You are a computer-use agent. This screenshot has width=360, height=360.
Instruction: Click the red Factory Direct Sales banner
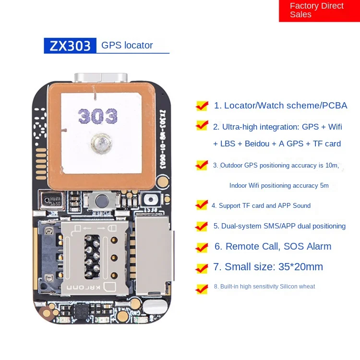[319, 11]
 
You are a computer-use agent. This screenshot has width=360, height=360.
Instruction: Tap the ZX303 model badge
[70, 46]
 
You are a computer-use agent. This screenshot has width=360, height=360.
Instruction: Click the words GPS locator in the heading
[127, 46]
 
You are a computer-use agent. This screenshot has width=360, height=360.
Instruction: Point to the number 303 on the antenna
[98, 116]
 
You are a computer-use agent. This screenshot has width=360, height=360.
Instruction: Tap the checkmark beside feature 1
[202, 105]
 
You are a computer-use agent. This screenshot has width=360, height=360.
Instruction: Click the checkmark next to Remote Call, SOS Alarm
[202, 247]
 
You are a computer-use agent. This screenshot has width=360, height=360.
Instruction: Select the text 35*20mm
[300, 267]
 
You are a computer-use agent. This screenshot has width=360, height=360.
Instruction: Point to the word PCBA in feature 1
[335, 106]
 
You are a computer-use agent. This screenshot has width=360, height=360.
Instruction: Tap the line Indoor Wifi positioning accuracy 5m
[279, 185]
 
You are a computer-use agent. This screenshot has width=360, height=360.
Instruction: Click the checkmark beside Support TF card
[202, 205]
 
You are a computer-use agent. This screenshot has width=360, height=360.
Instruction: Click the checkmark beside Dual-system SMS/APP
[202, 226]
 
